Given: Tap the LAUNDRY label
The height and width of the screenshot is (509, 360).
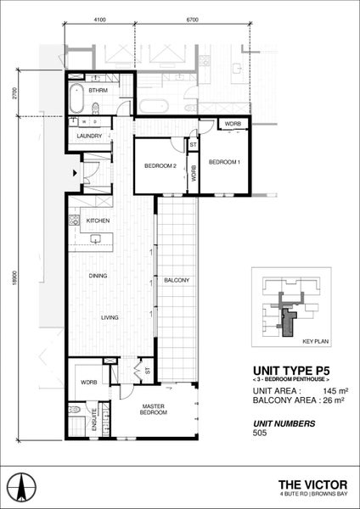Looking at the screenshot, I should click(89, 136).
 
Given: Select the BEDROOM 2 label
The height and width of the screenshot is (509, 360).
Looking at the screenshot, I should click(159, 166).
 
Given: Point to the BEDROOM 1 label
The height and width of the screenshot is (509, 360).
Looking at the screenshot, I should click(224, 161).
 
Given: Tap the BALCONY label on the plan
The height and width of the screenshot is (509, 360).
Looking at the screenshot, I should click(176, 280).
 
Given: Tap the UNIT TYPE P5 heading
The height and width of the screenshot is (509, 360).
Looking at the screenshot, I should click(288, 370).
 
